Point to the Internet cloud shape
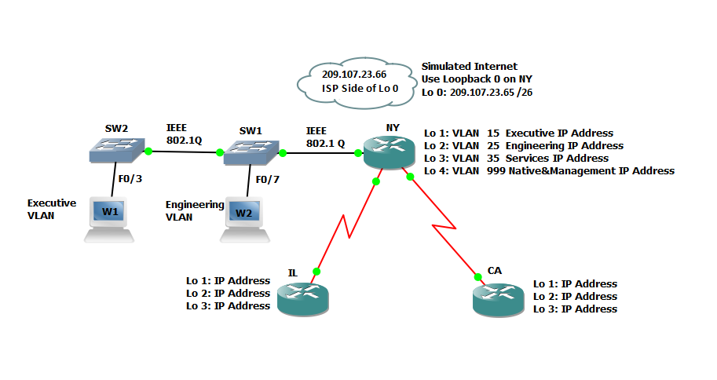click(353, 82)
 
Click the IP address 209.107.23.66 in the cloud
click(353, 74)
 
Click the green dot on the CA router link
click(477, 276)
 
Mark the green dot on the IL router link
click(316, 272)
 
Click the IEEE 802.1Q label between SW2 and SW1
click(185, 133)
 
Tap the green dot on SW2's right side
click(148, 150)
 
